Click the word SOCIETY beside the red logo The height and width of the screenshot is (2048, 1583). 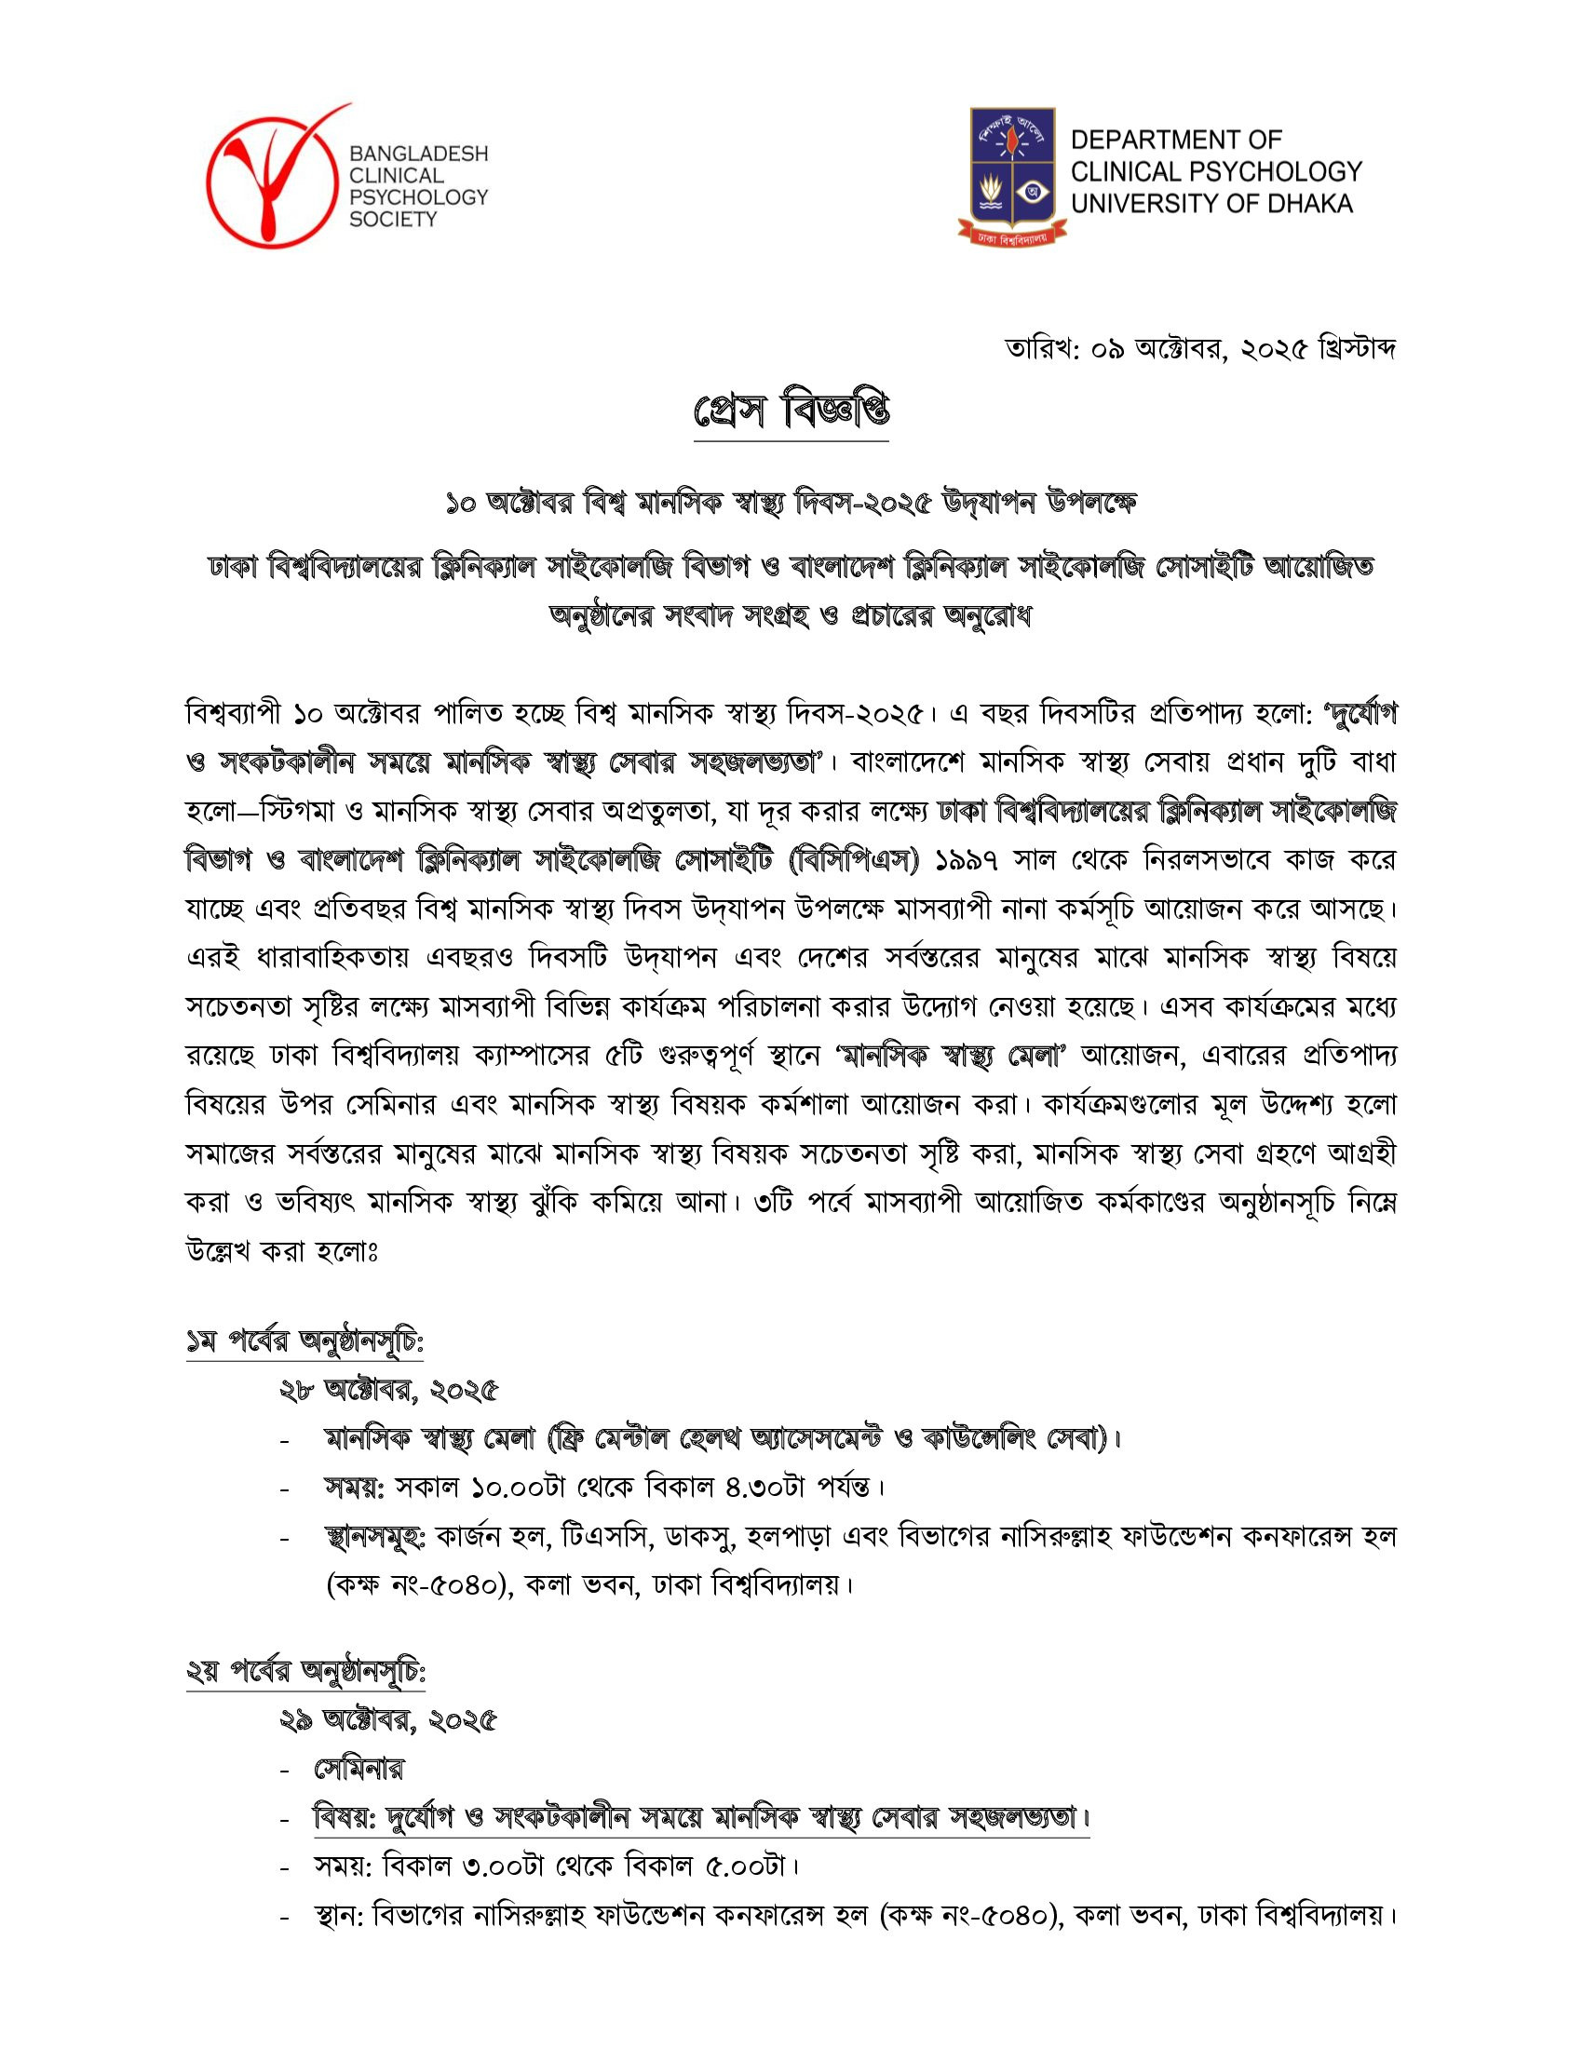coord(392,220)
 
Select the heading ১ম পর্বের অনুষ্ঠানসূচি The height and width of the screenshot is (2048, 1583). coord(304,1342)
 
